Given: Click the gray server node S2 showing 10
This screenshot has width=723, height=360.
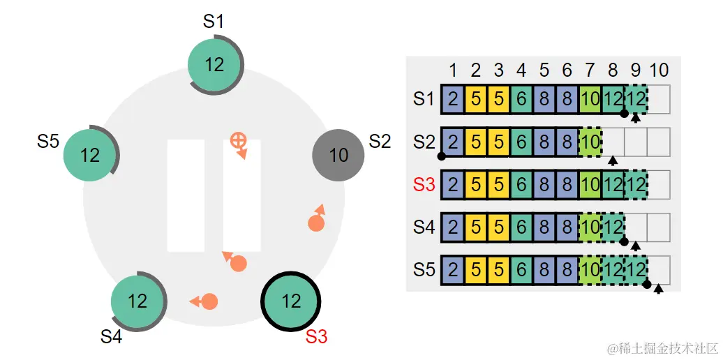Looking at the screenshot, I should (338, 155).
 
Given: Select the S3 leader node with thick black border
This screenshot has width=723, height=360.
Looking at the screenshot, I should (290, 301).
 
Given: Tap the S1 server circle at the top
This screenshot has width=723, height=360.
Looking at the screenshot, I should (215, 65).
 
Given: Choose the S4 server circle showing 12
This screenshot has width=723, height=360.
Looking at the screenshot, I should (137, 301).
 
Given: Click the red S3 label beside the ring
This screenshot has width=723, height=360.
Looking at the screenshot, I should (316, 336).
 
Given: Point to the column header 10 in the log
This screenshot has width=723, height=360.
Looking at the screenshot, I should (658, 70).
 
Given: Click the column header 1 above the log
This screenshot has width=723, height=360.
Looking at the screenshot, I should (453, 70).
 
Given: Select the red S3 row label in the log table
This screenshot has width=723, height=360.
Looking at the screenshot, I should (424, 185).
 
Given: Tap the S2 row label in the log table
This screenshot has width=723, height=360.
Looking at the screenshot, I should (424, 142).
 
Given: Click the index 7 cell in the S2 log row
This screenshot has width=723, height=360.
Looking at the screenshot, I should (590, 142).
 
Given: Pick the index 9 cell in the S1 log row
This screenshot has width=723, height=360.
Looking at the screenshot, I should (635, 99).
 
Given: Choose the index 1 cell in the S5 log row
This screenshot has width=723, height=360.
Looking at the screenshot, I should (453, 271).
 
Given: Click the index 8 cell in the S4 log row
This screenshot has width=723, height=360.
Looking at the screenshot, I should (612, 227).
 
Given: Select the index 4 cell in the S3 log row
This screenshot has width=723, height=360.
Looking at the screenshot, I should (521, 185).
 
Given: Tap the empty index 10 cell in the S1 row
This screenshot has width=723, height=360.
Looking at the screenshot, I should (658, 99).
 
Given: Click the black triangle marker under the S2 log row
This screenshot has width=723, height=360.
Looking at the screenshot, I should (612, 161).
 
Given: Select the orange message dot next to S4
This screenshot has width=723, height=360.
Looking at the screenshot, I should (209, 301).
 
